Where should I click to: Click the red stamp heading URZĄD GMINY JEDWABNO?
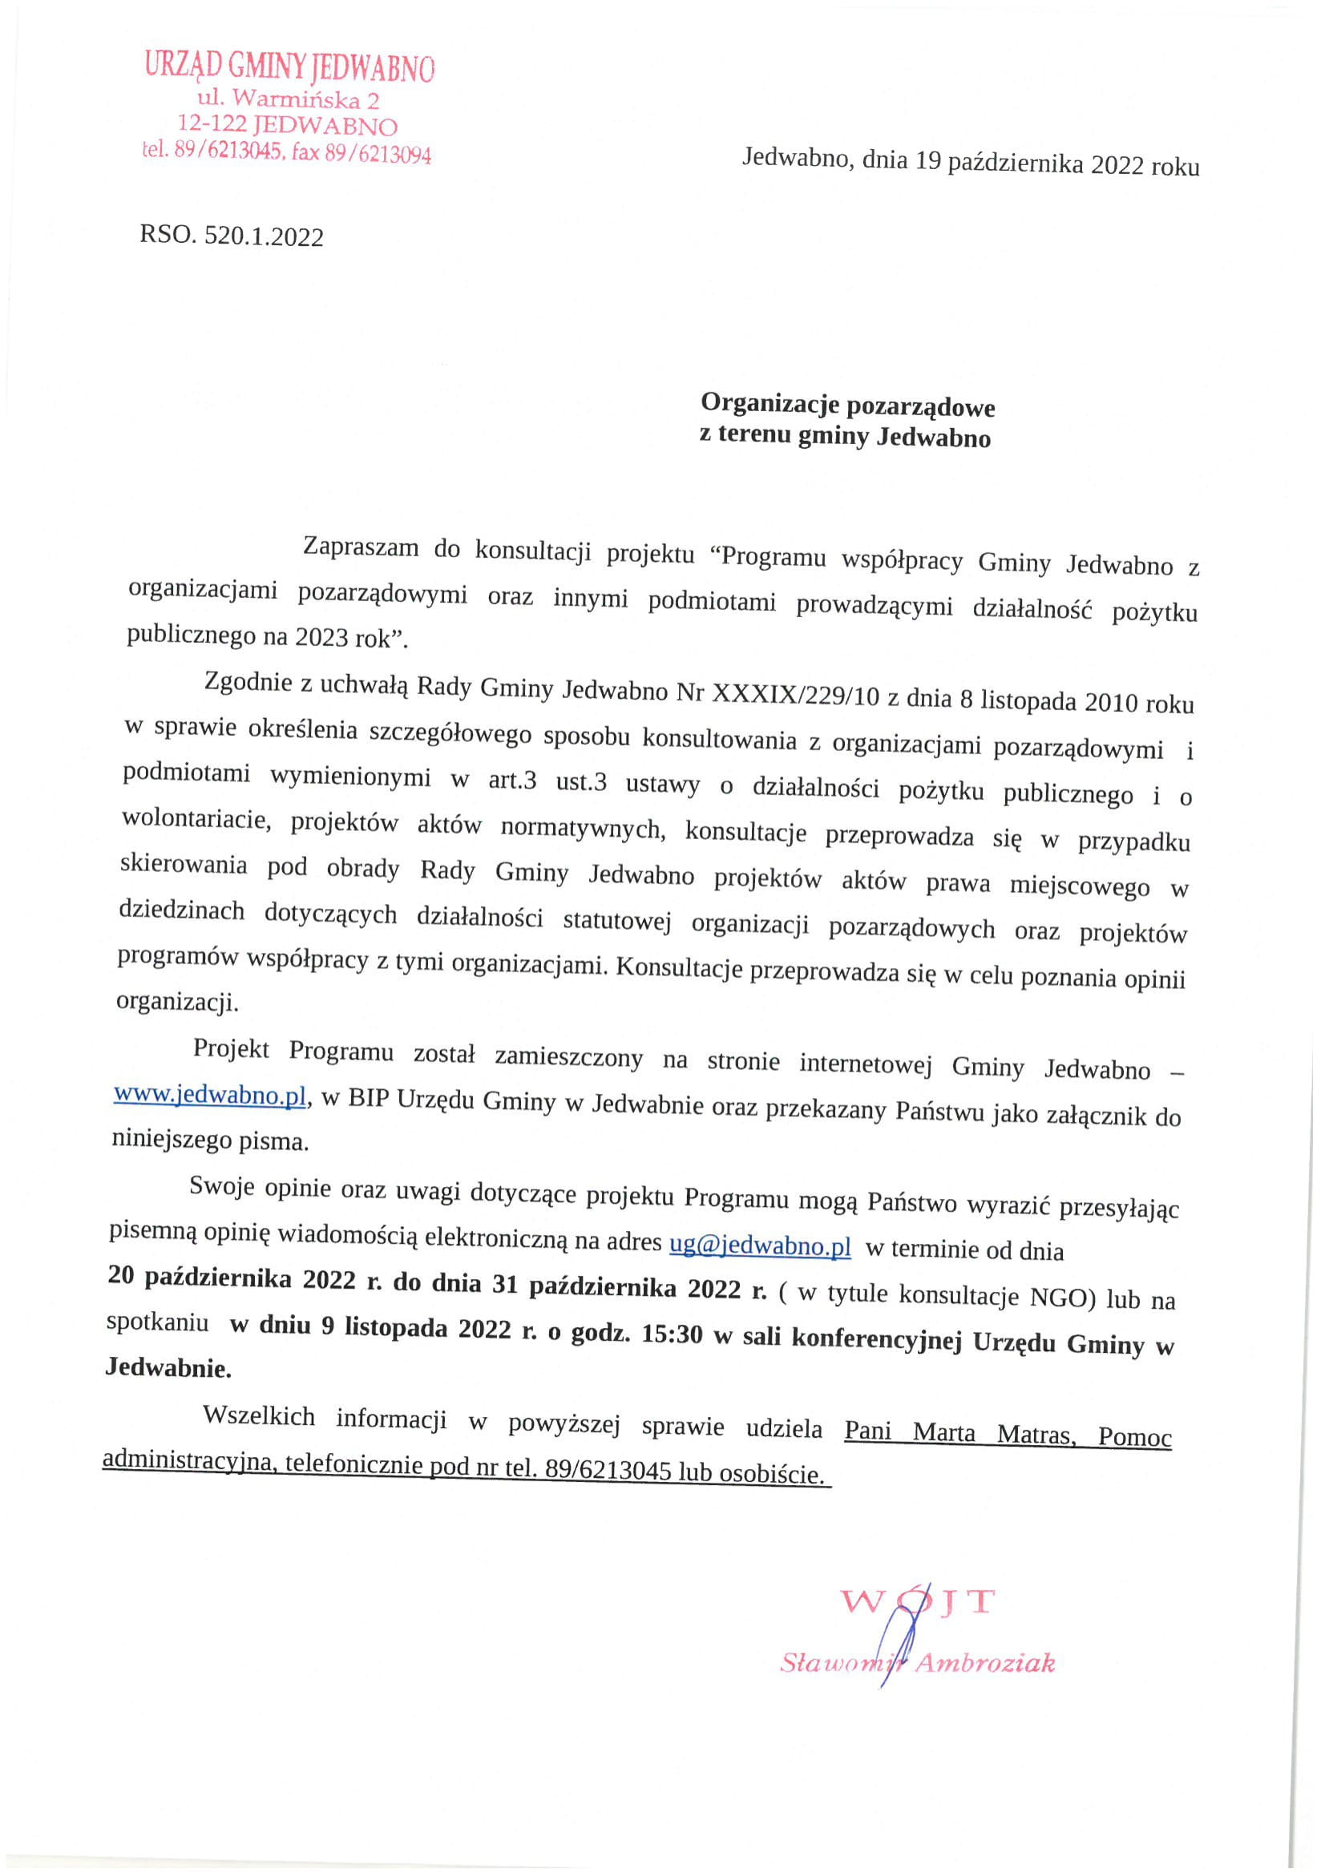(289, 67)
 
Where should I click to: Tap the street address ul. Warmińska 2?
(289, 100)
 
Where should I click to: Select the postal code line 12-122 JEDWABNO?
(288, 126)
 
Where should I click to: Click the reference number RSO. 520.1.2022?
(232, 236)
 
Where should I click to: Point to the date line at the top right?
(970, 163)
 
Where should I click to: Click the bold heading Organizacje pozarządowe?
(848, 406)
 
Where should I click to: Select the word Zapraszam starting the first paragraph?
(361, 547)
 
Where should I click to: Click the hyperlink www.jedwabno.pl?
(211, 1096)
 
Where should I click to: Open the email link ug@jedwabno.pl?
(760, 1247)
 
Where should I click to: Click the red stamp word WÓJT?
(918, 1602)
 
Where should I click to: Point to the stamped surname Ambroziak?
(984, 1662)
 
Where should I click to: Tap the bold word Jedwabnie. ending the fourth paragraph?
(168, 1368)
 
